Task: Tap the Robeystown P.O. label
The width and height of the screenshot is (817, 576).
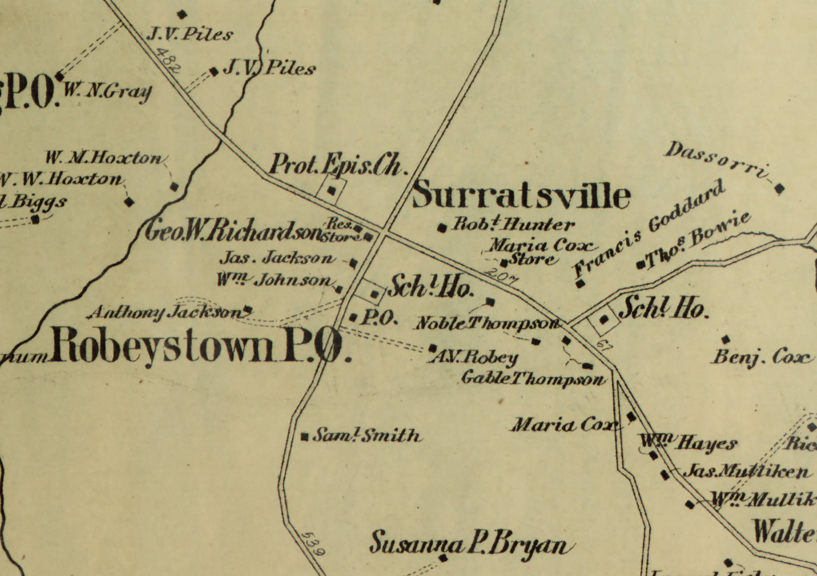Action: tap(199, 347)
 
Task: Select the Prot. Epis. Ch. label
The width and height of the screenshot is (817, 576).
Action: tap(338, 164)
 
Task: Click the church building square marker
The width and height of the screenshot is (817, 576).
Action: tap(332, 191)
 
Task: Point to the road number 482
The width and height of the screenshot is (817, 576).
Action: tap(167, 61)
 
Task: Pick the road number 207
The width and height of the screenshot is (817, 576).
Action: tap(502, 275)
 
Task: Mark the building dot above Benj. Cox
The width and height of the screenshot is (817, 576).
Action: tap(725, 339)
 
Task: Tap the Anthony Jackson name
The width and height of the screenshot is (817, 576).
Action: tap(166, 312)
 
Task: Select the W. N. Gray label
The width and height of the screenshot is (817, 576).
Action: tap(107, 91)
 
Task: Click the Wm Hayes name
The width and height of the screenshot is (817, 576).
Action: tap(688, 443)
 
